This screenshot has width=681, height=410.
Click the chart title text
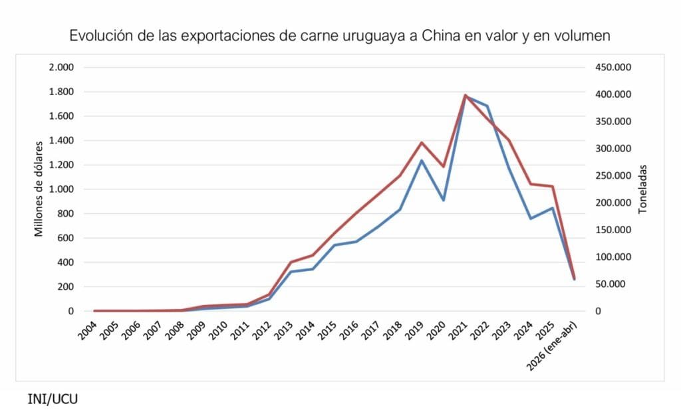tap(339, 36)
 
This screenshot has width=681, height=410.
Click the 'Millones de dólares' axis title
tap(39, 189)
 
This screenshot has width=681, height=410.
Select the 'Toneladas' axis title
tap(642, 189)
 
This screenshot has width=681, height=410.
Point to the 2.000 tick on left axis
tap(61, 67)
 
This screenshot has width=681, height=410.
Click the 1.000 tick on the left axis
tap(61, 189)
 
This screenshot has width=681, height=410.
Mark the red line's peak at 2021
tap(466, 95)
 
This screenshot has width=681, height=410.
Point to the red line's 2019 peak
tap(422, 142)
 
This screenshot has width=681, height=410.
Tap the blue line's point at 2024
tap(531, 219)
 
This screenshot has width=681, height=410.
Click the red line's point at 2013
tap(291, 262)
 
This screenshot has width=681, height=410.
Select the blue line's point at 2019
tap(422, 159)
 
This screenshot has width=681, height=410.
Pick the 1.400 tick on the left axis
tap(61, 140)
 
